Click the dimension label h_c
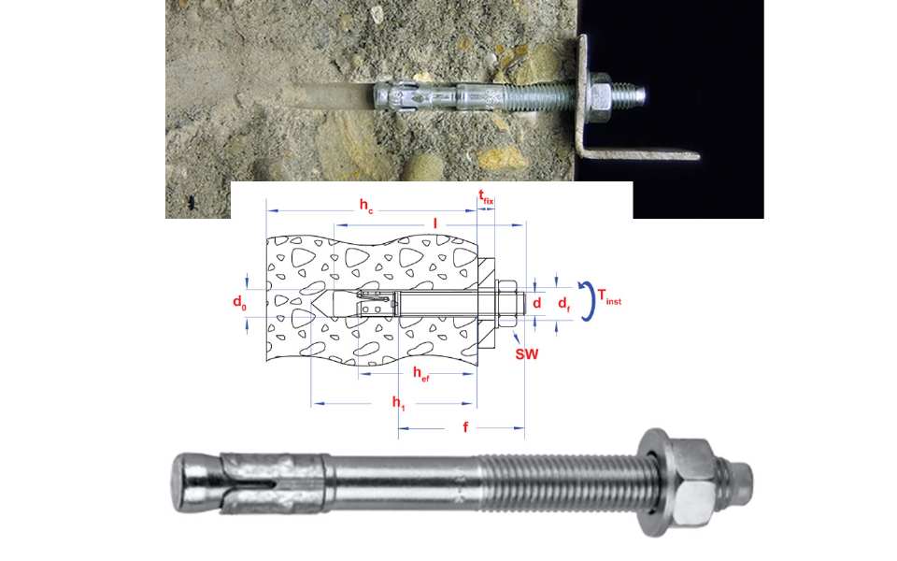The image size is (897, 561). [366, 206]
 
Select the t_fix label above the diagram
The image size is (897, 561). [486, 197]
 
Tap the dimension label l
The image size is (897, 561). [434, 223]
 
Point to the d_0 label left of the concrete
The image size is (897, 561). [239, 302]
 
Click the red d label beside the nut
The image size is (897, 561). [536, 302]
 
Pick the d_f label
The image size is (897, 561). [564, 304]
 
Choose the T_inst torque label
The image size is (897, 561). [609, 297]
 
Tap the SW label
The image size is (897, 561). [527, 353]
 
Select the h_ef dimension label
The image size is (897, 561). [421, 374]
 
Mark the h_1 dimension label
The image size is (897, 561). [398, 403]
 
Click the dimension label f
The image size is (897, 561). [465, 427]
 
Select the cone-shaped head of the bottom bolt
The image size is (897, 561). [194, 482]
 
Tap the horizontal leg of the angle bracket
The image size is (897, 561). [641, 153]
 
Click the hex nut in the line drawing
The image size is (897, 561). [506, 303]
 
